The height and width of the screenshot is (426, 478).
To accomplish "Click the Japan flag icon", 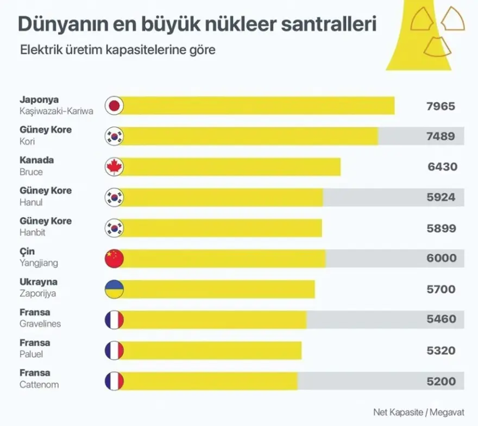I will tap(114, 106).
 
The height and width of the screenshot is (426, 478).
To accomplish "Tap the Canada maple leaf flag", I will tap(114, 167).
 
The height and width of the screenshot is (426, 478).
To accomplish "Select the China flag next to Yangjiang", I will tap(114, 259).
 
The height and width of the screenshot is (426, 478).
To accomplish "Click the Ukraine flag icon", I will tap(114, 289).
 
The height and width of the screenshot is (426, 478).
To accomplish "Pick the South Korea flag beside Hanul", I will tap(114, 197).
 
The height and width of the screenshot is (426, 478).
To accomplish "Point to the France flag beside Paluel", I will tap(114, 350).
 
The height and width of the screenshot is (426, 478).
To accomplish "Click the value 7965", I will tap(441, 106).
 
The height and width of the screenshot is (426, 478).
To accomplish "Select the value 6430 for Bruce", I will tap(442, 167).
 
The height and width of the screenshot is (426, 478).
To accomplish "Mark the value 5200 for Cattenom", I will tap(441, 381).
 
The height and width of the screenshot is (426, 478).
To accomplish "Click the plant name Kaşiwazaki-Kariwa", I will tap(56, 111).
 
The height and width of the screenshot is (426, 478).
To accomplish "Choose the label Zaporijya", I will tap(38, 294).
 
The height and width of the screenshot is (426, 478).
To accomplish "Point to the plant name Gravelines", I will tap(40, 324).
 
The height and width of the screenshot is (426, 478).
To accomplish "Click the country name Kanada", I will tap(37, 161).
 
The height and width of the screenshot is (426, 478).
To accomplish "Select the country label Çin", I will tap(27, 252).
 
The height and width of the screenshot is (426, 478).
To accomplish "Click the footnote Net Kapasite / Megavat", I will tap(419, 411).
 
